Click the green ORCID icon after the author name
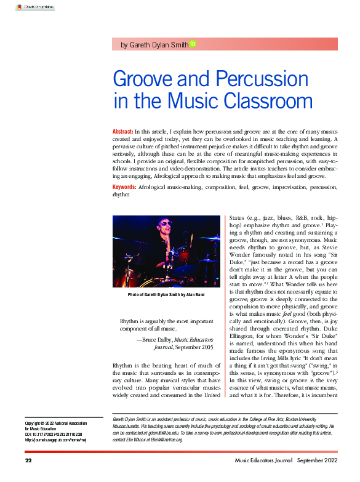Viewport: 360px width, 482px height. coord(193,44)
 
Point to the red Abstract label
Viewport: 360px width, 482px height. coord(122,132)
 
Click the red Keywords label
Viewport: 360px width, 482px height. coord(124,187)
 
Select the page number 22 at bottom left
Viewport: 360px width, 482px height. coord(28,461)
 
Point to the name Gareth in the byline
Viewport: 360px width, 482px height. coord(140,45)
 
